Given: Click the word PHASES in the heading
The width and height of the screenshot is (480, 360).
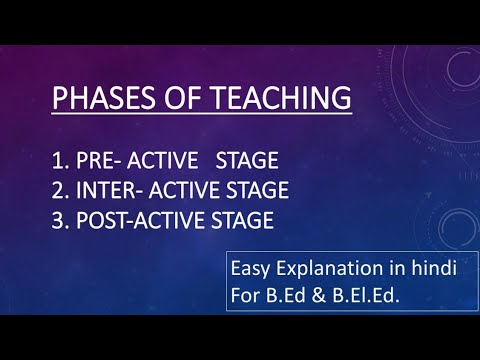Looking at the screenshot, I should [99, 99].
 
